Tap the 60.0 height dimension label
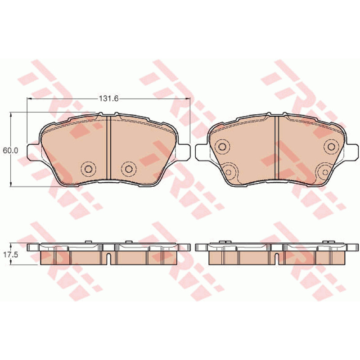[x=10, y=151]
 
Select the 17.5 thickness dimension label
[x=10, y=255]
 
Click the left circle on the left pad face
[x=89, y=169]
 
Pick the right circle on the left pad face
[x=129, y=169]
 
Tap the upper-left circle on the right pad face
[x=222, y=147]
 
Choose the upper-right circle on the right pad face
[x=331, y=147]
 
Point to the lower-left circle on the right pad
[x=229, y=172]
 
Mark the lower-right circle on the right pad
[x=325, y=172]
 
